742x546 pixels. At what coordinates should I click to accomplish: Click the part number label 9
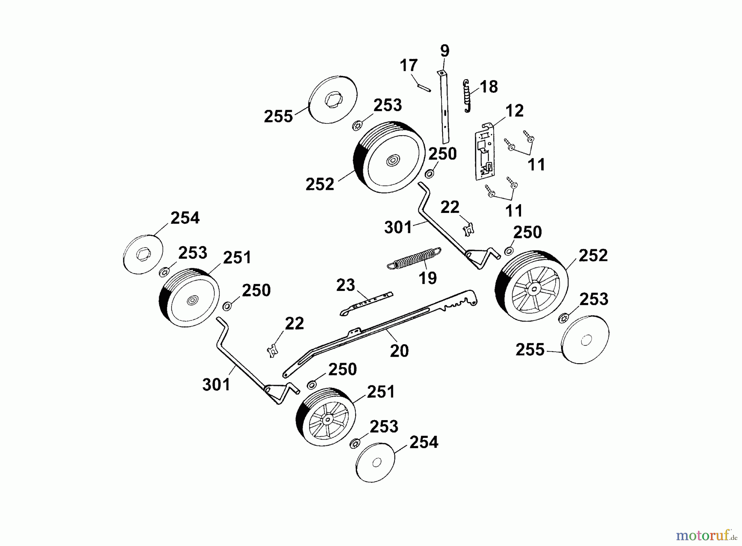click(444, 51)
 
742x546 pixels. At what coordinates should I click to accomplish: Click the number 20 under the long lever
click(399, 351)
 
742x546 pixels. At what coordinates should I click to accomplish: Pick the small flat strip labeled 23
click(366, 303)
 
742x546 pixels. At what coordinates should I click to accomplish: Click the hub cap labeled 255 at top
click(333, 99)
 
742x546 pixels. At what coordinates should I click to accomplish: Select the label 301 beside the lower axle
click(216, 385)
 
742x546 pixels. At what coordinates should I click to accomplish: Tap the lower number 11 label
click(514, 210)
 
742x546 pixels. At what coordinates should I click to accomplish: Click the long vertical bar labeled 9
click(445, 109)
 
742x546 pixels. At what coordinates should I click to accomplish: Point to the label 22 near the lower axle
click(294, 324)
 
